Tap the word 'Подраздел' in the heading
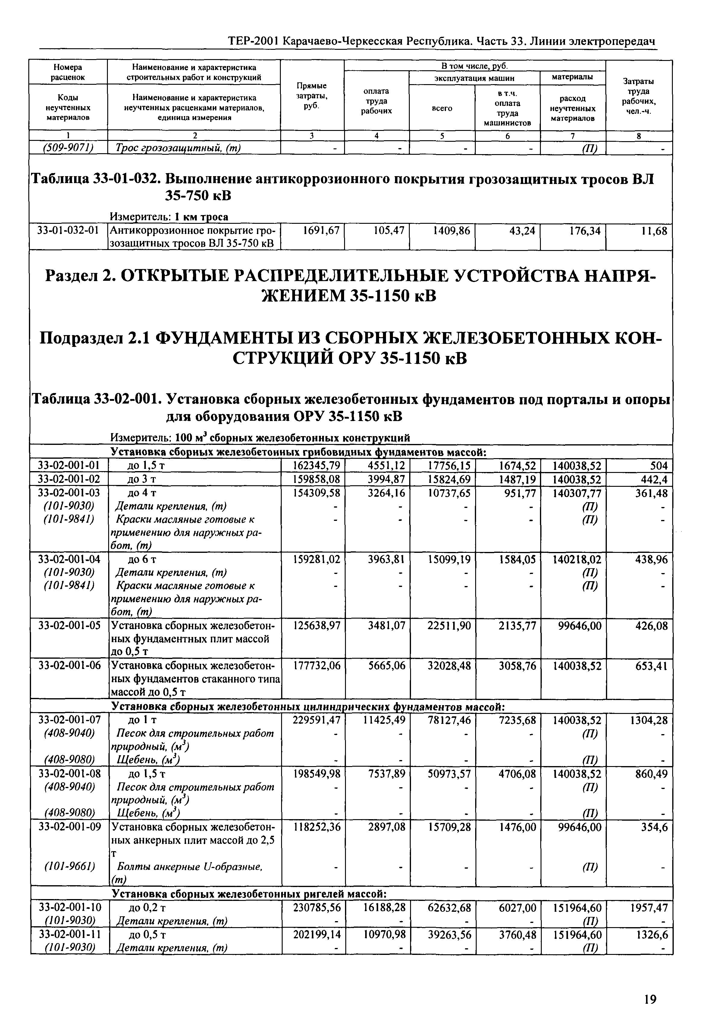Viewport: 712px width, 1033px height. (80, 339)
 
